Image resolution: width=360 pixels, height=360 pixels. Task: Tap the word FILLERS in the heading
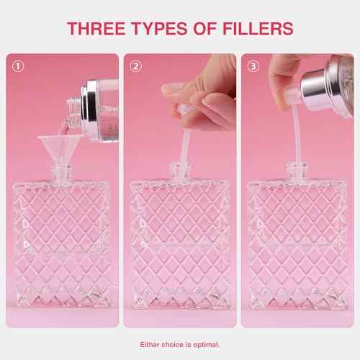pos(253,29)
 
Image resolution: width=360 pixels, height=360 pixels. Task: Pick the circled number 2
pos(137,66)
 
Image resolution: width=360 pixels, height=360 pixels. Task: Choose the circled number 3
pos(253,66)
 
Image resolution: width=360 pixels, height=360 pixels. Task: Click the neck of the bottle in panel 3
pos(295,170)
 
